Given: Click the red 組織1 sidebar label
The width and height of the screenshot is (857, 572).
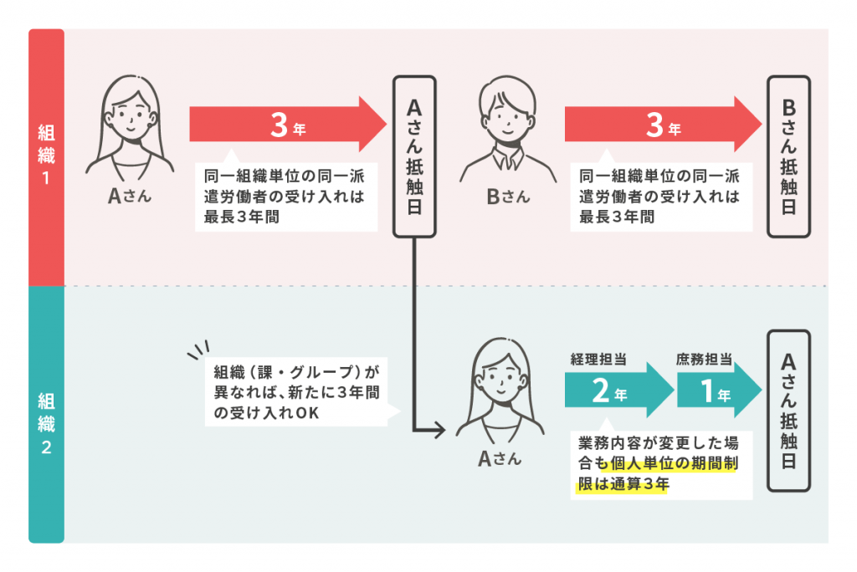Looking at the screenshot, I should [46, 156].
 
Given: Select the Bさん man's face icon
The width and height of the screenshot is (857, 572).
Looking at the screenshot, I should [505, 116].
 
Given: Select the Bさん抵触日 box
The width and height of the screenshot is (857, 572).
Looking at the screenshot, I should [788, 156].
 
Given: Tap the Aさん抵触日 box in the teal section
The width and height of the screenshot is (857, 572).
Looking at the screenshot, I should [788, 411].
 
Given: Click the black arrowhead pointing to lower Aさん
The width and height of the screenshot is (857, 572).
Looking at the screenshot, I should [442, 432].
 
